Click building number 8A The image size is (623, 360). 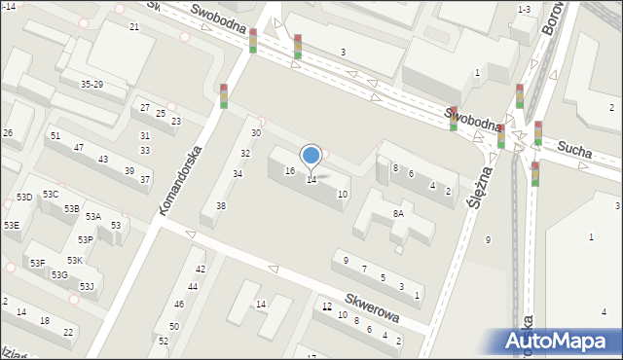(x=398, y=213)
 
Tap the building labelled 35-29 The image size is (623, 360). (x=92, y=85)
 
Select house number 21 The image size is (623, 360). (x=134, y=26)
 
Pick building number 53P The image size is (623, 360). (x=86, y=239)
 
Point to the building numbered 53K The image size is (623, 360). (x=75, y=261)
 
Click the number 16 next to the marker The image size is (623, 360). (x=289, y=170)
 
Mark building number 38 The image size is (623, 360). (x=221, y=205)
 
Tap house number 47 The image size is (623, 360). (x=79, y=147)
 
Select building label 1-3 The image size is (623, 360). (x=524, y=10)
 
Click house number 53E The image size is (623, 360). (x=12, y=225)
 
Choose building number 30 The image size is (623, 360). (x=256, y=132)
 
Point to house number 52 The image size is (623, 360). (x=163, y=341)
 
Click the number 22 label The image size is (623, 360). (x=67, y=332)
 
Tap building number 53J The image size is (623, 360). (x=87, y=286)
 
